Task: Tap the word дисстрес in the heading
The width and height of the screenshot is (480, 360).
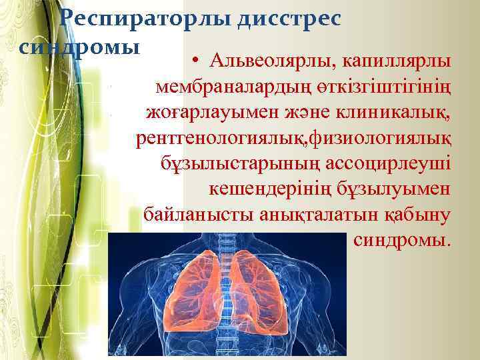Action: click(x=289, y=19)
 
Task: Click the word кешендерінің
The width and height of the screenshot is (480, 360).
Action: click(x=265, y=189)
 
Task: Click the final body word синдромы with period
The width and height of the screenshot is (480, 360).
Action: click(x=402, y=240)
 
